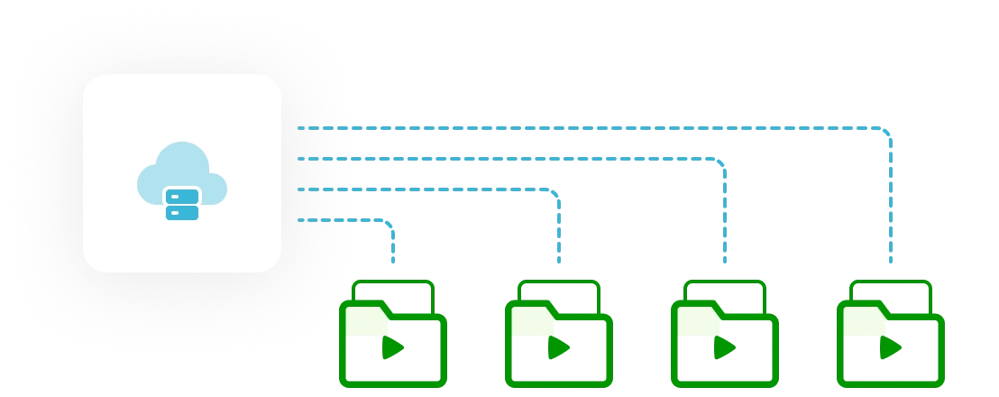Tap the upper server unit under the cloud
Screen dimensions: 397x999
(x=182, y=196)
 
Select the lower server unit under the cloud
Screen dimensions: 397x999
(x=182, y=213)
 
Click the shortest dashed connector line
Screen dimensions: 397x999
(x=343, y=219)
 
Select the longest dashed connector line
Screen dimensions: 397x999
(x=586, y=128)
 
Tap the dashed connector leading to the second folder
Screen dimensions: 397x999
(x=433, y=189)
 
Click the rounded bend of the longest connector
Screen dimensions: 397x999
(x=886, y=133)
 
